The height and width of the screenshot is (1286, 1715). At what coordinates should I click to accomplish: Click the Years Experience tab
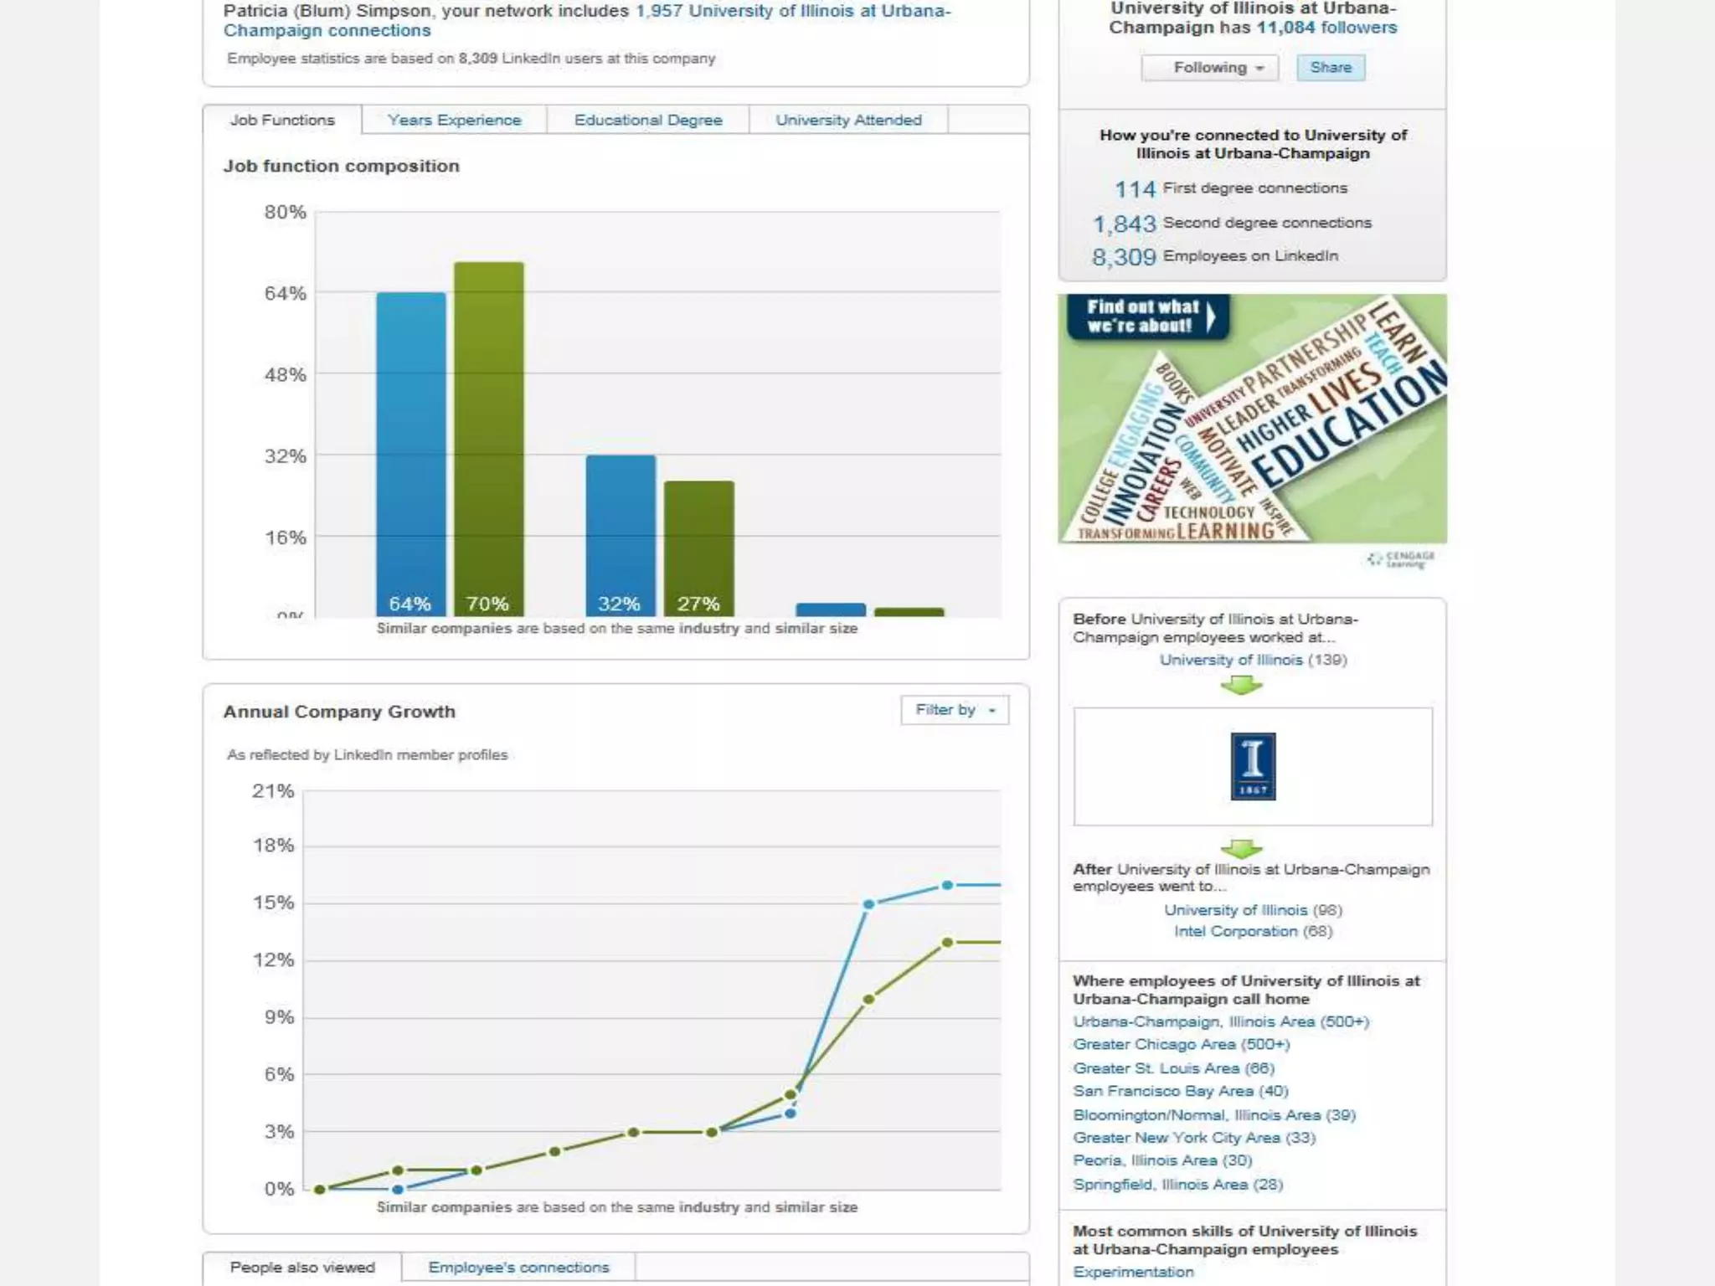[x=454, y=120]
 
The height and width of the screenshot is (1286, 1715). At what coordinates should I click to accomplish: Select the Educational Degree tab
[x=647, y=120]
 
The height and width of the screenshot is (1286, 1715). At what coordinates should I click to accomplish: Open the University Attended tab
[x=848, y=120]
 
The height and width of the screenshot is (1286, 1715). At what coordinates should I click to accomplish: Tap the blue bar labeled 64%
[x=410, y=452]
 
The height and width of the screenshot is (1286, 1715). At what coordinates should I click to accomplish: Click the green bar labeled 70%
[x=489, y=435]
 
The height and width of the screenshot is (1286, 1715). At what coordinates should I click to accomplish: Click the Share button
[x=1331, y=67]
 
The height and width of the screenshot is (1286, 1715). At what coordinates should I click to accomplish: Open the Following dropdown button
[x=1210, y=67]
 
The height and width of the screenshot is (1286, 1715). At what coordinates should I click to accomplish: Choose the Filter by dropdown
[x=955, y=710]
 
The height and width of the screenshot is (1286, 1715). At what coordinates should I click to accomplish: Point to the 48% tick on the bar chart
[x=286, y=374]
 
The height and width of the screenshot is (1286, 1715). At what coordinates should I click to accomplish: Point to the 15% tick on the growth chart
[x=274, y=903]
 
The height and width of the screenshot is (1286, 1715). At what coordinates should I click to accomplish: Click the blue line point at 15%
[x=868, y=904]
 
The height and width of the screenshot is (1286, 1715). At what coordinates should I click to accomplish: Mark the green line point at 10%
[x=868, y=999]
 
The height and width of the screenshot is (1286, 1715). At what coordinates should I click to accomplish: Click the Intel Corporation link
[x=1235, y=931]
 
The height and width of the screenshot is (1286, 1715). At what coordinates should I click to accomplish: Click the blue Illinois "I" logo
[x=1253, y=766]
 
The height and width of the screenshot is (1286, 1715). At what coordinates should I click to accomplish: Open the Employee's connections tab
[x=518, y=1267]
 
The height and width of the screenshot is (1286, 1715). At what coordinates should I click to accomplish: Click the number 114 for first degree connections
[x=1135, y=189]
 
